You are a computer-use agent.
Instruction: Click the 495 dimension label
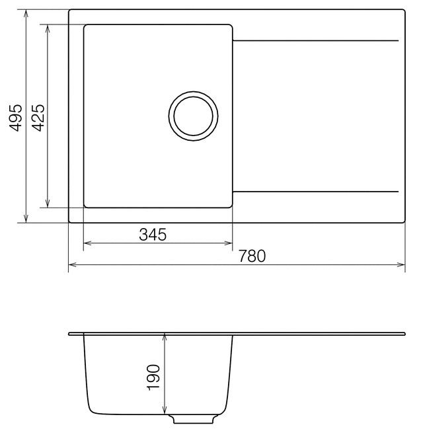click(16, 118)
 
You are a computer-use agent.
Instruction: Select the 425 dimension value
click(38, 118)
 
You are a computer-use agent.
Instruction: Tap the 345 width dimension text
click(153, 235)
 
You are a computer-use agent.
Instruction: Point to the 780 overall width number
click(252, 256)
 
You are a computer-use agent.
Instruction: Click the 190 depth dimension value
click(153, 377)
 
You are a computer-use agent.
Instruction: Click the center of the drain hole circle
click(193, 116)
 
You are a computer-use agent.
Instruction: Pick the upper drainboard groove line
click(315, 41)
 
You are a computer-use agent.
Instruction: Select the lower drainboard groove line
click(315, 192)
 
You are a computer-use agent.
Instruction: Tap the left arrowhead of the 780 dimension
click(72, 264)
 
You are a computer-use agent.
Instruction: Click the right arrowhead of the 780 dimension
click(401, 264)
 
